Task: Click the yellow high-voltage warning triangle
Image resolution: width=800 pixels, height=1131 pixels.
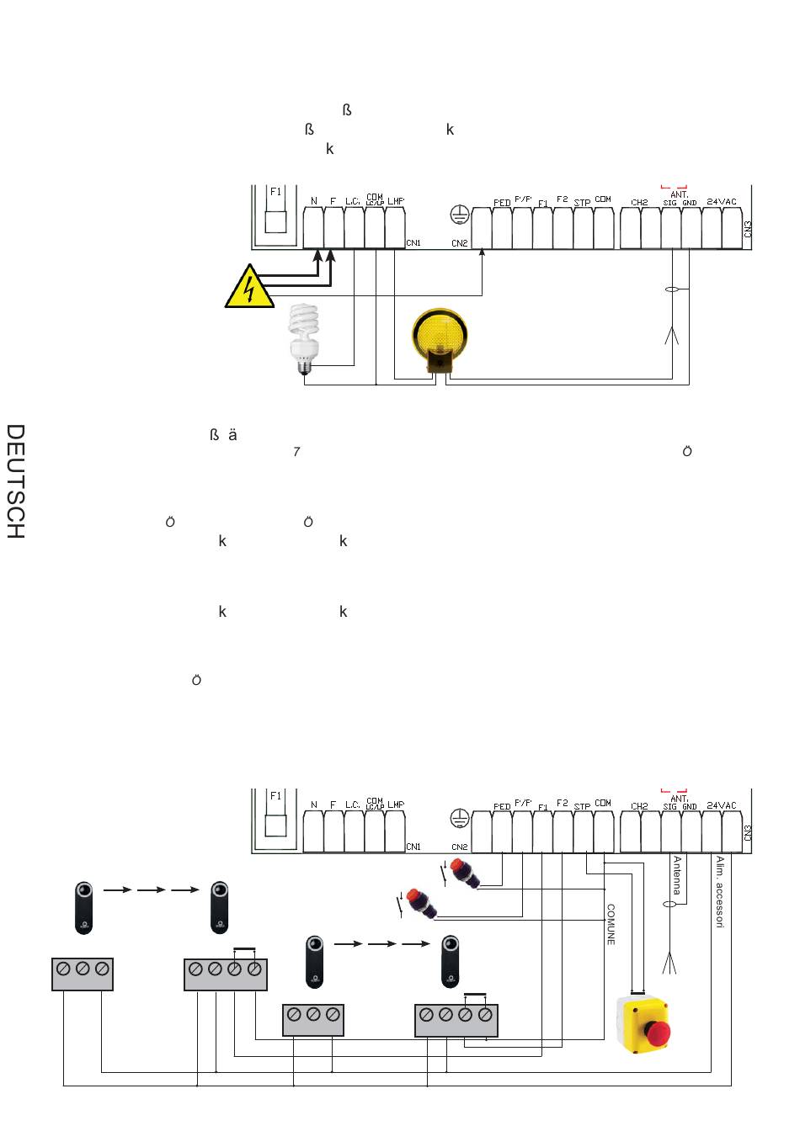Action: pos(249,288)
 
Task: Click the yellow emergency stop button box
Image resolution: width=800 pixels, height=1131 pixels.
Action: pos(644,1024)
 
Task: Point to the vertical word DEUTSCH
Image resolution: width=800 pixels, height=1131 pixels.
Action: pos(16,481)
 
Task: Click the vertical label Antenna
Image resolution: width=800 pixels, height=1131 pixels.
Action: pos(677,875)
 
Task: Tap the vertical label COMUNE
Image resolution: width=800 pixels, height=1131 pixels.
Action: pos(611,925)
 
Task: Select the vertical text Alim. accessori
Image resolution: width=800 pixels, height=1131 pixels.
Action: pos(720,892)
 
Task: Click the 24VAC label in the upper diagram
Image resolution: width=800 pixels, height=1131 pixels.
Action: pos(722,202)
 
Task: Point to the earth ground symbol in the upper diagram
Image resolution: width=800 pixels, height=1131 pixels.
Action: pos(459,215)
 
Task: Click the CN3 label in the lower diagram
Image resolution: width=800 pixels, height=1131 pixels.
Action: pos(748,832)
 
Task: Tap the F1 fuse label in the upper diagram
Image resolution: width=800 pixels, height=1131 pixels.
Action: pos(275,192)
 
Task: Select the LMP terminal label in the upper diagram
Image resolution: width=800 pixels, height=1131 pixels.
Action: pos(396,201)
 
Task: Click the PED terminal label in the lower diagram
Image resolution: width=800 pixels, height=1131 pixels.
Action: pos(502,807)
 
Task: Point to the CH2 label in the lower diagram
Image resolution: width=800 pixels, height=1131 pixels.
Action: pos(640,806)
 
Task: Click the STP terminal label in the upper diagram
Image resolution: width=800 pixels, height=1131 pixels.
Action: pos(582,203)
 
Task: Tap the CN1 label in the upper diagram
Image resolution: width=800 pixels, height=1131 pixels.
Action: pos(413,243)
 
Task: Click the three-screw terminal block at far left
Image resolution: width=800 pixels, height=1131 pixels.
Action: pos(83,974)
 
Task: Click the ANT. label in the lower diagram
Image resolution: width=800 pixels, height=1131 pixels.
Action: pos(680,799)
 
